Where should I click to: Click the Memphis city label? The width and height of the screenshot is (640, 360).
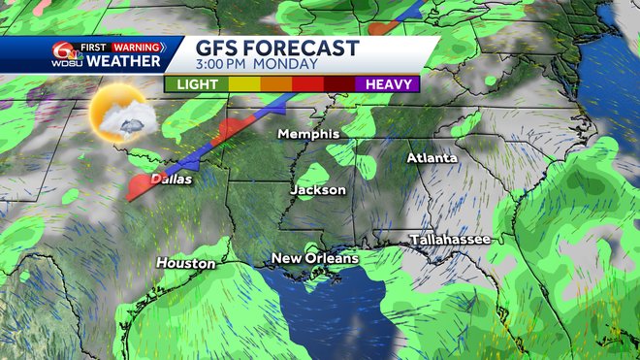[307, 133]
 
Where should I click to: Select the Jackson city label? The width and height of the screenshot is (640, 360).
[317, 190]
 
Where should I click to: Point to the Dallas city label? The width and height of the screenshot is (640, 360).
[171, 180]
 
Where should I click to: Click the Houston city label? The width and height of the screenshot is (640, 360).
[185, 263]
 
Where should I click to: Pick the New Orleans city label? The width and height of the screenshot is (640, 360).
[314, 258]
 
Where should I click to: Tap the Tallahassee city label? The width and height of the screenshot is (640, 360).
[450, 239]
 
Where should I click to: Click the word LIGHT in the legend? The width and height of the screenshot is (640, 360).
[197, 84]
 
